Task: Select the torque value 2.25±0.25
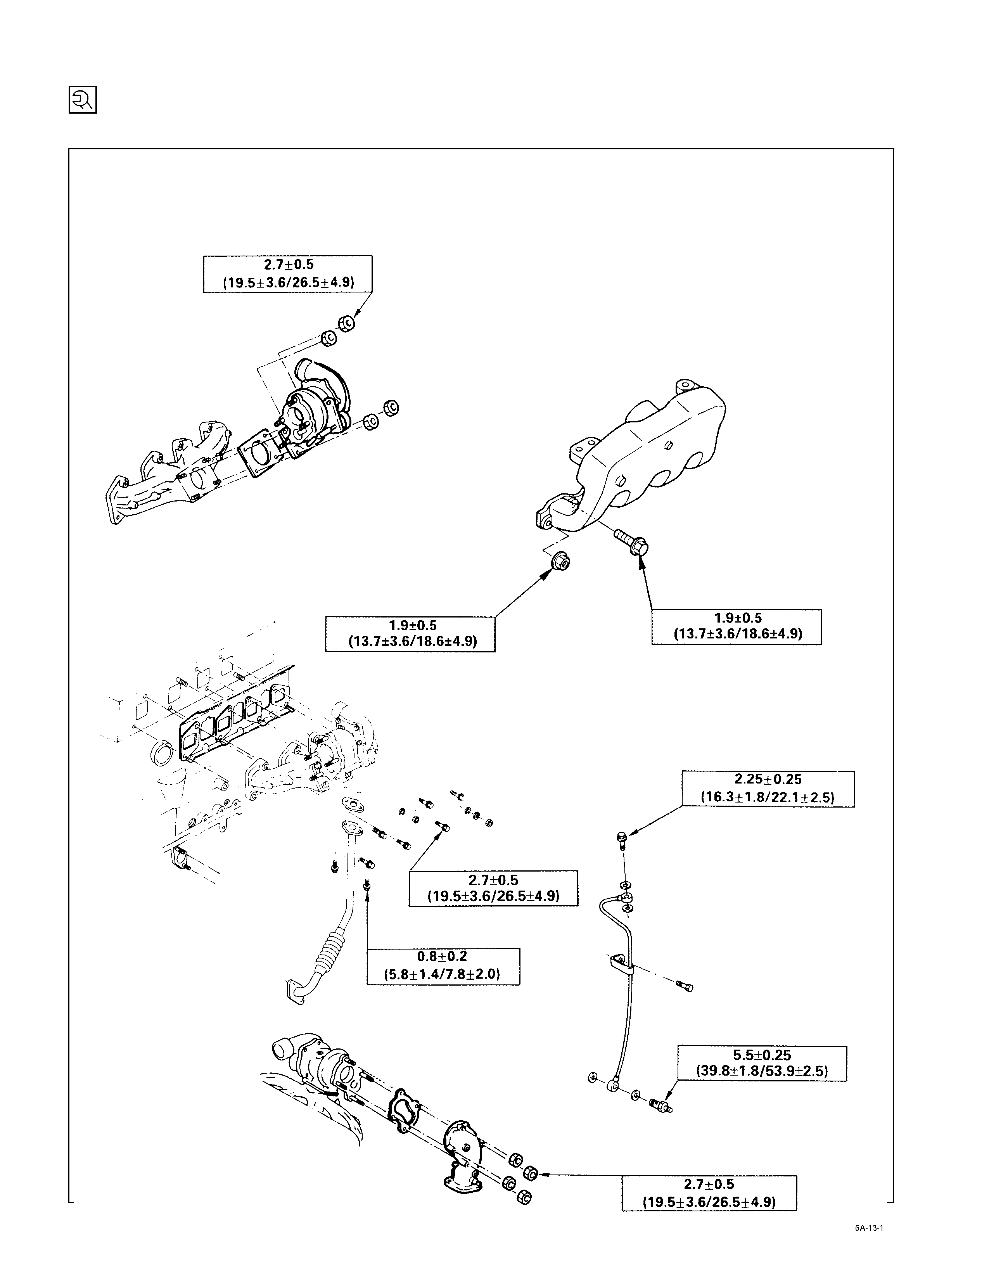pos(768,780)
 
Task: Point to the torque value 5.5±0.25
pos(762,1055)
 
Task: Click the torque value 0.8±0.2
pos(443,957)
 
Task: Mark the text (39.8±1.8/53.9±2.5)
pos(762,1071)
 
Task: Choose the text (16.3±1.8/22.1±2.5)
pos(768,797)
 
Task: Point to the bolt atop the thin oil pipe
pos(622,840)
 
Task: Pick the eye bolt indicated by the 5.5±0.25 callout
pos(660,1105)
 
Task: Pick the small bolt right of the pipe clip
pos(684,986)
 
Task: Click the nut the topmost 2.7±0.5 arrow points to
pos(346,322)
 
